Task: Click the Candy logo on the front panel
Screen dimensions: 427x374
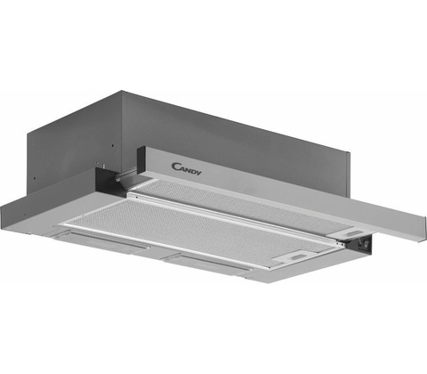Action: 186,169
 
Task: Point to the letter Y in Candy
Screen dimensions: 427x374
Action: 197,173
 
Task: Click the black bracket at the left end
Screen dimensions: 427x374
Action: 105,181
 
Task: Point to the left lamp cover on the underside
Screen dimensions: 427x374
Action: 101,238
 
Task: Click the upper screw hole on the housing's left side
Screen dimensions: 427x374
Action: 113,146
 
